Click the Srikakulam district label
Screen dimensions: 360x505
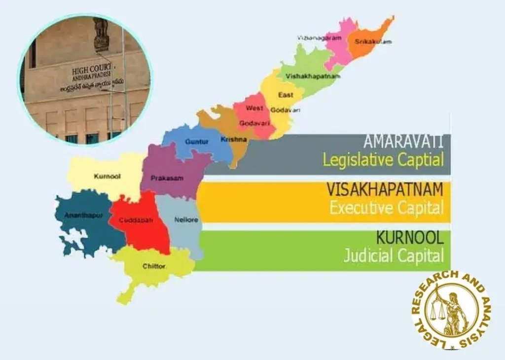point(373,42)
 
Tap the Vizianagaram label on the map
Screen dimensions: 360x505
point(320,38)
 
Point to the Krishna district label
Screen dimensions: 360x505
point(233,140)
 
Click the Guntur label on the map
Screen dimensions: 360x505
point(197,142)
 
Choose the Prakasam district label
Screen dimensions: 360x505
point(167,178)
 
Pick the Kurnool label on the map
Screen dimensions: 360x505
point(107,176)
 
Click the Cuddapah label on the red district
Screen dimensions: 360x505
point(136,220)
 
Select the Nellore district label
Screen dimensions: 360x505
point(186,220)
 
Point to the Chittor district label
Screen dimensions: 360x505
point(154,266)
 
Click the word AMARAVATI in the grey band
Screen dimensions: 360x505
point(403,142)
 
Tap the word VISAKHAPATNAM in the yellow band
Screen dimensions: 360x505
point(385,189)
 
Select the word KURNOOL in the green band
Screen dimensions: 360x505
point(409,238)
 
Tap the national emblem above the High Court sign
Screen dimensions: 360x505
point(101,33)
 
